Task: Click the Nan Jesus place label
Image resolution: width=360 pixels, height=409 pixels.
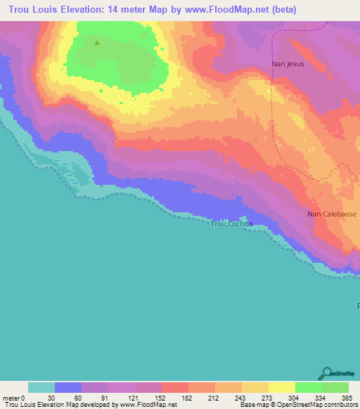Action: (288, 64)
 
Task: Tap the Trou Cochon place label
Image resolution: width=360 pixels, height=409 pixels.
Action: (232, 224)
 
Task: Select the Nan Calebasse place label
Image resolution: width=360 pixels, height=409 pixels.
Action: (332, 214)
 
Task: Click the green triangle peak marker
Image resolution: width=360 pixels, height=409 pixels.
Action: (97, 42)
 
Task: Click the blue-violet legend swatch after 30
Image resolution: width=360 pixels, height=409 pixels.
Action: (68, 387)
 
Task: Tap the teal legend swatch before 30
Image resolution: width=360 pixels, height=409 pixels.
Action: (41, 387)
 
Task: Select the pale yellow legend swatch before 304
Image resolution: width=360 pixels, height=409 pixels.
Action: (282, 387)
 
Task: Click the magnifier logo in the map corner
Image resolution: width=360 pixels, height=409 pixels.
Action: (326, 373)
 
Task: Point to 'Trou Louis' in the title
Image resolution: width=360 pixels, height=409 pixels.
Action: (32, 10)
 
